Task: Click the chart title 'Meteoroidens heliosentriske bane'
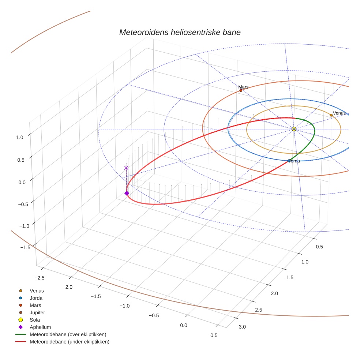(x=180, y=32)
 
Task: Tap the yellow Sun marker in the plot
(x=294, y=129)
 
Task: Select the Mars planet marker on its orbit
(x=241, y=90)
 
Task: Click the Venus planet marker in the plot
(x=331, y=115)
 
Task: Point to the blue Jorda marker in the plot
(x=289, y=161)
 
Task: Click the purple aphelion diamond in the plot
(x=127, y=193)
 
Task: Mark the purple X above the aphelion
(x=127, y=168)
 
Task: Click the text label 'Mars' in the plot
(x=243, y=87)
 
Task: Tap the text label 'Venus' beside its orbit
(x=339, y=113)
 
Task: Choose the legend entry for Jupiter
(x=37, y=312)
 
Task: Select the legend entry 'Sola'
(x=35, y=320)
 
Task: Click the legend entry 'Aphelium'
(x=40, y=327)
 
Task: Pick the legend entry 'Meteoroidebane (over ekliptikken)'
(x=68, y=334)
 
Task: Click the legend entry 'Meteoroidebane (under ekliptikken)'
(x=70, y=342)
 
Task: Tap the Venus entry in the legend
(x=37, y=290)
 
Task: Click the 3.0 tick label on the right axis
(x=242, y=326)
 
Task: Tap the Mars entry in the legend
(x=35, y=305)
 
